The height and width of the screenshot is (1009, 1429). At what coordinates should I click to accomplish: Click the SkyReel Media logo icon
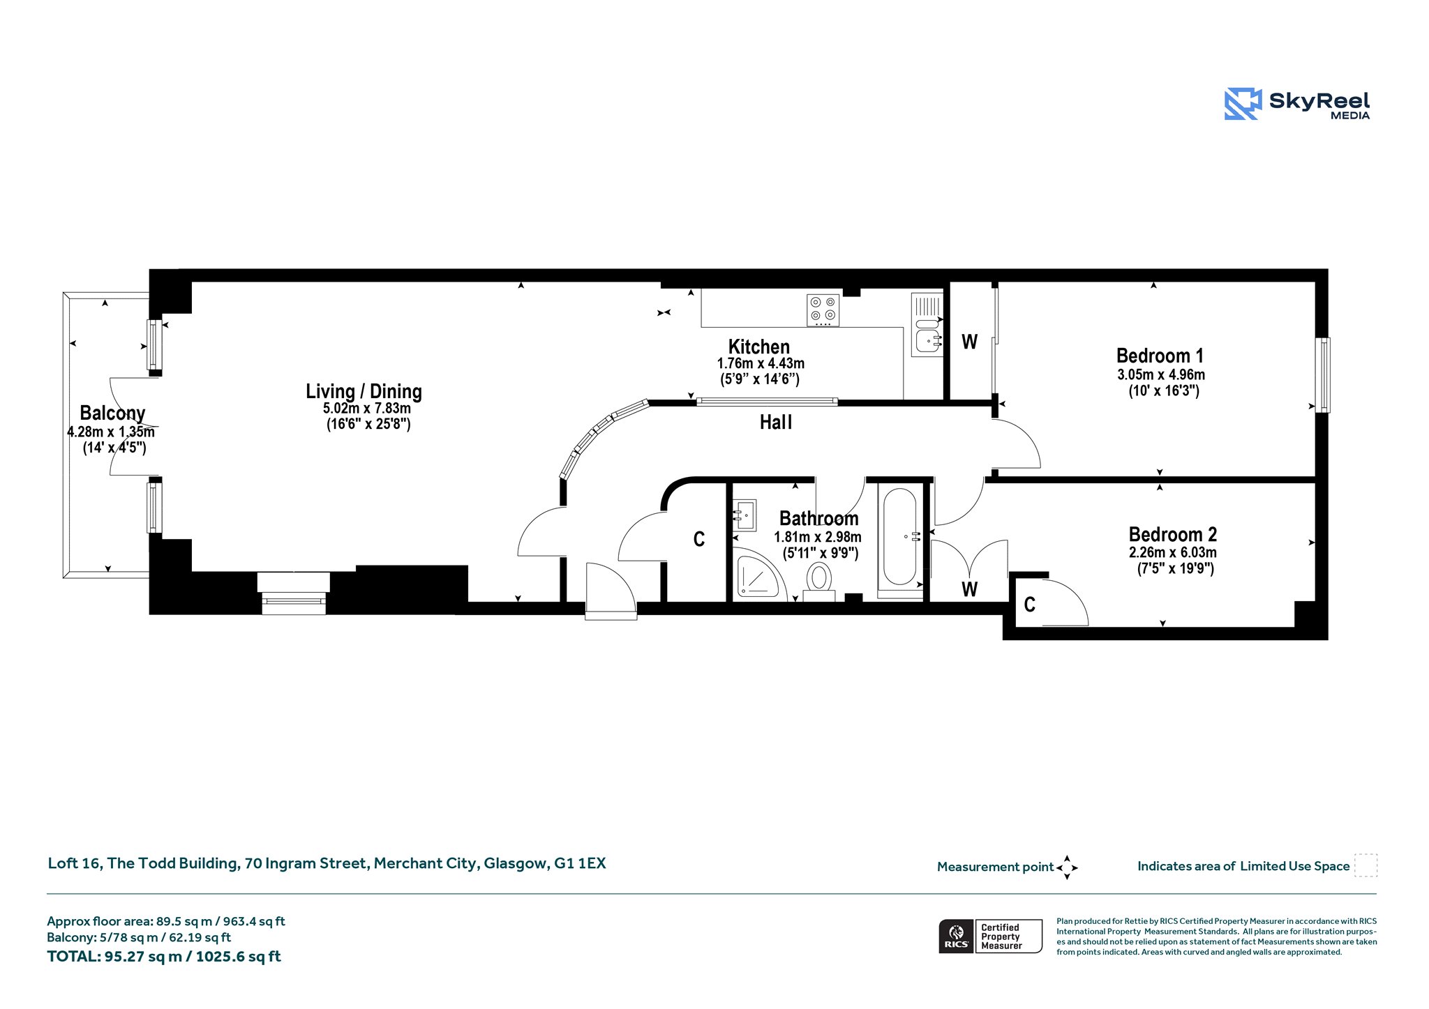(x=1243, y=104)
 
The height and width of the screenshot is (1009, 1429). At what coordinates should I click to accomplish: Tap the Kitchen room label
(x=759, y=347)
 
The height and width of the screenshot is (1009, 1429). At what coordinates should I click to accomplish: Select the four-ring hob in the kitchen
(x=823, y=310)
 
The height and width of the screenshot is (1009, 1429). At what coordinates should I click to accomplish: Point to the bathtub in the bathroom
(x=900, y=536)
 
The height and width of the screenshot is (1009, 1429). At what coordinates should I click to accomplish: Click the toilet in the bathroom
(x=819, y=582)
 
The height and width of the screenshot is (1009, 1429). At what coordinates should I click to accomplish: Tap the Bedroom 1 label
(x=1160, y=356)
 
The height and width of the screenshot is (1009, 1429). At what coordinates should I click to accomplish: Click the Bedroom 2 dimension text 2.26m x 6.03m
(x=1173, y=552)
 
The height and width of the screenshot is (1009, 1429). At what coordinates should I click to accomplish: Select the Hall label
(x=776, y=422)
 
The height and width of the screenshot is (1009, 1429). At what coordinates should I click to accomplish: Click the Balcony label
(x=112, y=413)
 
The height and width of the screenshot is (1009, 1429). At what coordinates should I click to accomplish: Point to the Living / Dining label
(x=364, y=391)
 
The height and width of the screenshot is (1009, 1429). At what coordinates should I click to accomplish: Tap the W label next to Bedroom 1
(x=970, y=342)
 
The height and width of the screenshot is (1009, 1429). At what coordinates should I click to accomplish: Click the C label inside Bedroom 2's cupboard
(x=1030, y=605)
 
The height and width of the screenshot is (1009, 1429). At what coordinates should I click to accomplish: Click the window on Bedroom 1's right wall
(x=1323, y=375)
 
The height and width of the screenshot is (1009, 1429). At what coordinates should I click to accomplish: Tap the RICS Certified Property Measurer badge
(x=990, y=936)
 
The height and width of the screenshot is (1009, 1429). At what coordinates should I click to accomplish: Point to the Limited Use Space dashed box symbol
(x=1366, y=865)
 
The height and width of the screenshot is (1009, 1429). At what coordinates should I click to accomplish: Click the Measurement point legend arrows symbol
(x=1067, y=867)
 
